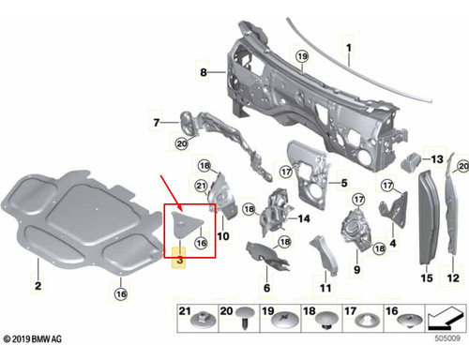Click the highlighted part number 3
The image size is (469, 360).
180,260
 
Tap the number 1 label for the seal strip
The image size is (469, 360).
349,48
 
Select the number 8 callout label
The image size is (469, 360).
204,72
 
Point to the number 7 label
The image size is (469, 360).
157,122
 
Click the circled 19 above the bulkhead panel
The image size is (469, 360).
302,56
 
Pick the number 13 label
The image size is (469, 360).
437,159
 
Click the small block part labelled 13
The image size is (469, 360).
412,162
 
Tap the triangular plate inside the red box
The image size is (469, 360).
187,223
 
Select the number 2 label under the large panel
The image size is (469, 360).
38,286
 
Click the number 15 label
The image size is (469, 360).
427,278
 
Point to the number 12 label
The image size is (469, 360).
453,278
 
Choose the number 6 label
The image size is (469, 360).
266,288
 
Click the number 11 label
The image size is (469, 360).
325,288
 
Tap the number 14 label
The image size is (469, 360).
304,218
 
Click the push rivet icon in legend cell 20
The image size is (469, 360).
246,317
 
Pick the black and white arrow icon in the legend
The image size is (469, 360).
446,319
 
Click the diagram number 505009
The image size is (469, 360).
447,338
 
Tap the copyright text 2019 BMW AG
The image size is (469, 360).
33,339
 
